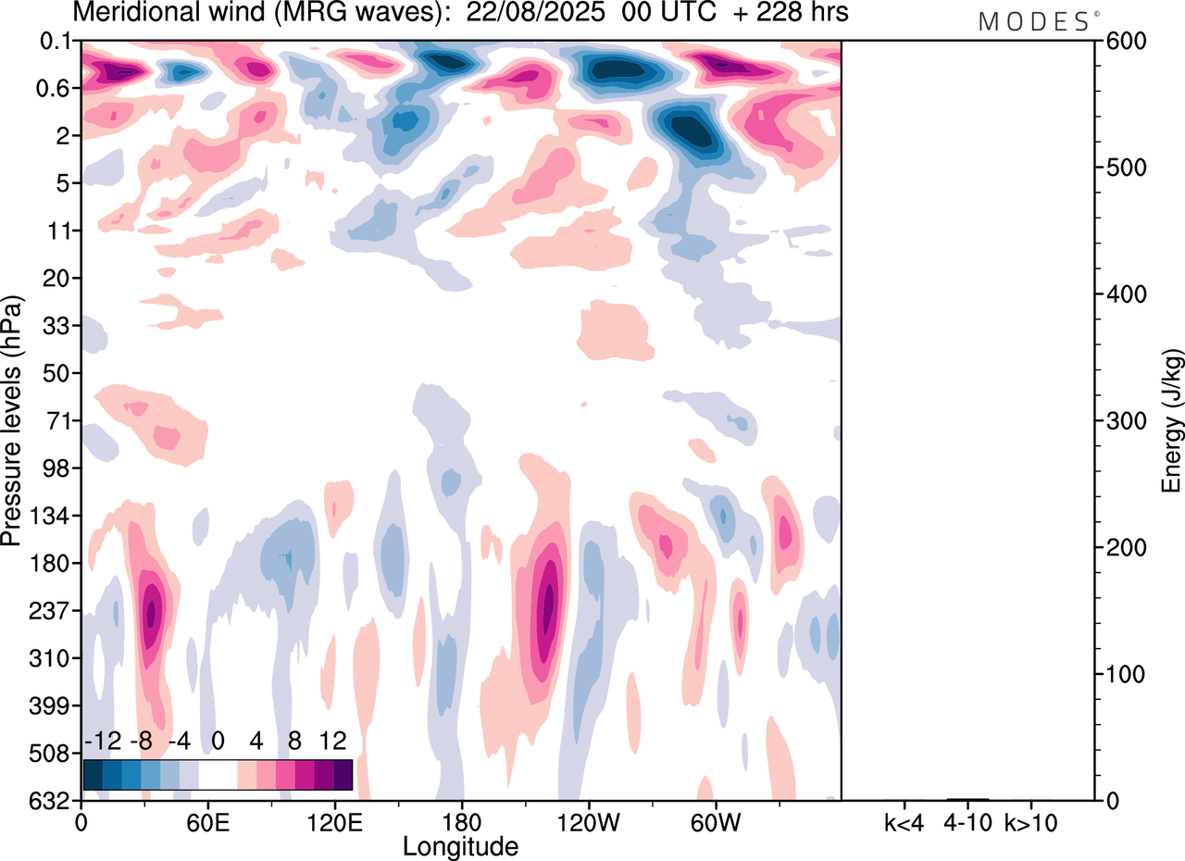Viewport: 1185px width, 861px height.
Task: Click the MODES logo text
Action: coord(1034,22)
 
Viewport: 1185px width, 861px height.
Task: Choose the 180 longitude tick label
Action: coord(461,822)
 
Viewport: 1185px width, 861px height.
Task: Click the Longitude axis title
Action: coord(460,845)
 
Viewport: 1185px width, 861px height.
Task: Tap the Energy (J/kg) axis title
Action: coord(1172,421)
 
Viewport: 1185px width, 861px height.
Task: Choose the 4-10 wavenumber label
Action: coord(967,822)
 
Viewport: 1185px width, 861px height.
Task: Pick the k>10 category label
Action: coord(1030,822)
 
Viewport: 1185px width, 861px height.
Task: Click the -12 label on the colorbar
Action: coord(104,742)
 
